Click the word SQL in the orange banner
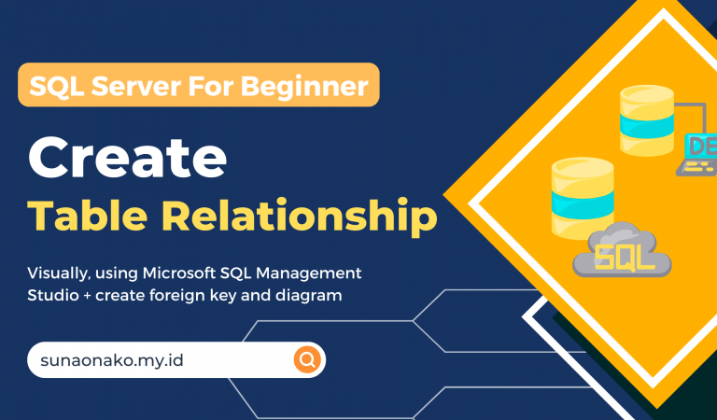coord(55,87)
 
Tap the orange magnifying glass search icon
coord(307,359)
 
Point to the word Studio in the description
coord(52,296)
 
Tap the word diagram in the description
coord(313,296)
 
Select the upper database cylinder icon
coord(647,122)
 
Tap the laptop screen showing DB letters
coord(701,147)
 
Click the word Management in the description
coord(307,273)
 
